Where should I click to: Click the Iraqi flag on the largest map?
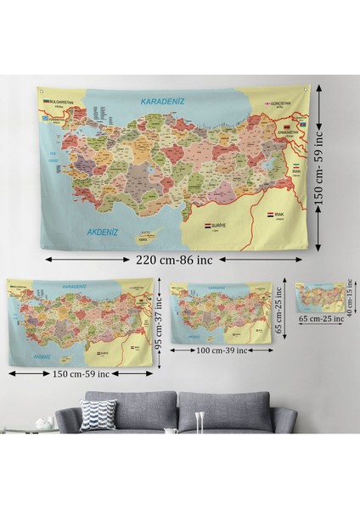pos(268,216)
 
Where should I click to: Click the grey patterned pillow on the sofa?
pos(98,417)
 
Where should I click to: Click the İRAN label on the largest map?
pos(297,171)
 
